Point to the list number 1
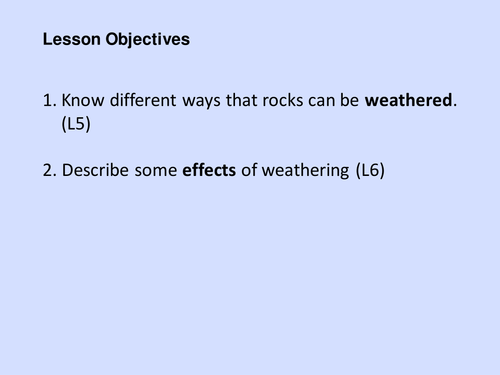pyautogui.click(x=47, y=100)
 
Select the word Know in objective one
pyautogui.click(x=81, y=100)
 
